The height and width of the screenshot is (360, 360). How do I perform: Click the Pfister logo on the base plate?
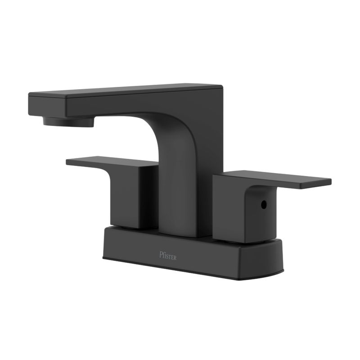[x=168, y=256]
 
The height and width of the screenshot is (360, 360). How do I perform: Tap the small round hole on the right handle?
[x=264, y=204]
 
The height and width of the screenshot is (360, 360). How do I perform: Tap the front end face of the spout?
[x=47, y=104]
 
